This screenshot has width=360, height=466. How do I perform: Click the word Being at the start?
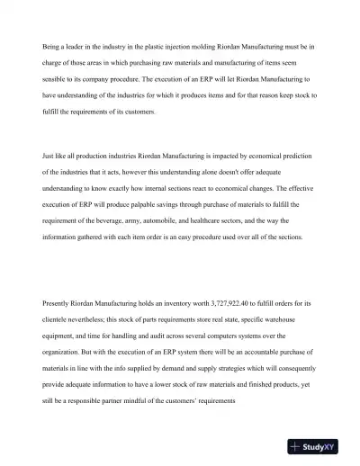pyautogui.click(x=50, y=45)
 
